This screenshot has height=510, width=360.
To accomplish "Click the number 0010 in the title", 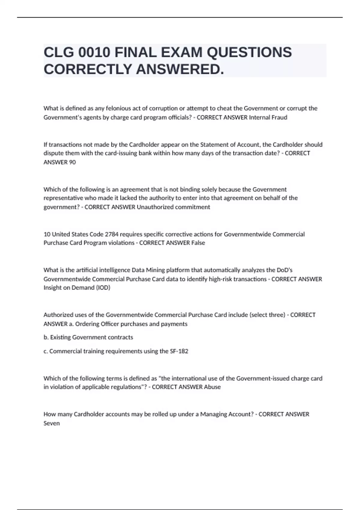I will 94,52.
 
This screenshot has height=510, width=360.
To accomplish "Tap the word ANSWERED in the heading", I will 180,69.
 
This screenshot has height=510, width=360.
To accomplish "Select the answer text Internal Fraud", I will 268,117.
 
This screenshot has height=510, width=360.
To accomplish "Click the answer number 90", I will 72,162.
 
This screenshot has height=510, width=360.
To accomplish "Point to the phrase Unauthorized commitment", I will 173,207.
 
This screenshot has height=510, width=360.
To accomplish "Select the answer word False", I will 198,243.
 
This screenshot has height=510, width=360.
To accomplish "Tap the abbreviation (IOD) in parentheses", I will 103,288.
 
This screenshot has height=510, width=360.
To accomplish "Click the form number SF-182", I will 179,351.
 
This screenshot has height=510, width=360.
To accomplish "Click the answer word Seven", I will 52,423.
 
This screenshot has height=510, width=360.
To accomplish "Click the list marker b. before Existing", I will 46,337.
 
